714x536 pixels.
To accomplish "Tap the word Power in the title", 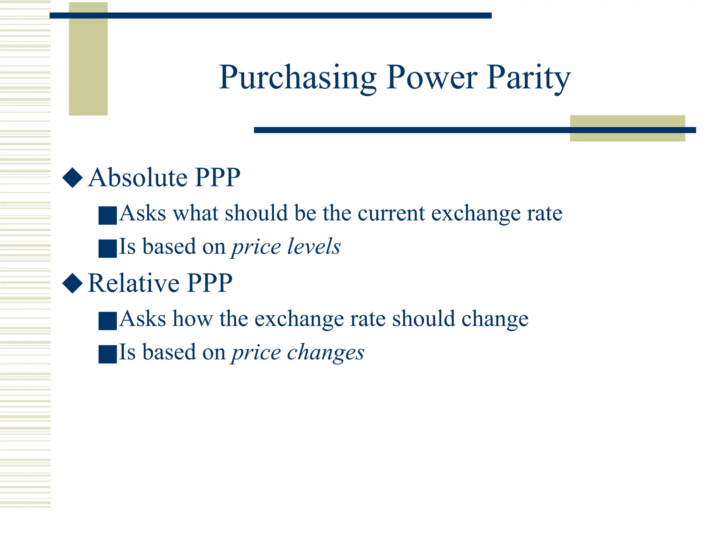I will [432, 78].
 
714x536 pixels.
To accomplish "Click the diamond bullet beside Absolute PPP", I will [73, 178].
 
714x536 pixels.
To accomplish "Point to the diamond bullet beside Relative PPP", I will [73, 283].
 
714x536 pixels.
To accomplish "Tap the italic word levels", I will [314, 246].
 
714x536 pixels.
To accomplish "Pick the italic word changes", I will [326, 352].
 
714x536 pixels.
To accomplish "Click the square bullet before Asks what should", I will [107, 215].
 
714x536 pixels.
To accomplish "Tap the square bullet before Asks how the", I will [107, 321].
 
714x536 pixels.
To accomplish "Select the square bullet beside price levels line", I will [107, 248].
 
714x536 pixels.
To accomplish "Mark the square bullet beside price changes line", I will [107, 354].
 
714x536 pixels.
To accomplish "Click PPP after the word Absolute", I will [218, 177].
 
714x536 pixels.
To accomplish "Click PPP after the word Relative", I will [210, 283].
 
